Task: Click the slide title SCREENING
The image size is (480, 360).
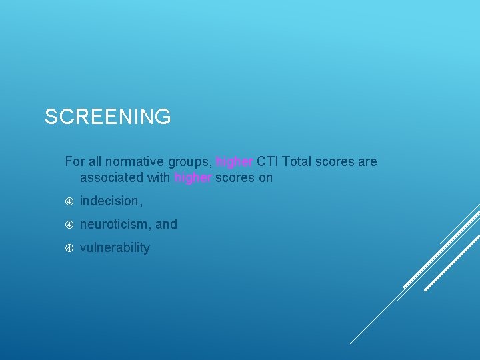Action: click(107, 117)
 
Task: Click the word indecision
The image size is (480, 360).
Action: click(110, 201)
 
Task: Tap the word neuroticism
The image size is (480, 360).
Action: click(115, 224)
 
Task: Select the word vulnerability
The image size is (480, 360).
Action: click(115, 247)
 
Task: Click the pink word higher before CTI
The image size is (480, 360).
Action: click(235, 161)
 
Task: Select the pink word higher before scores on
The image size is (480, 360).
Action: click(193, 177)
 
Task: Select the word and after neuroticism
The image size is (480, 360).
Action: click(166, 224)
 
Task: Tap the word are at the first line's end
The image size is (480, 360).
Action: click(367, 161)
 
